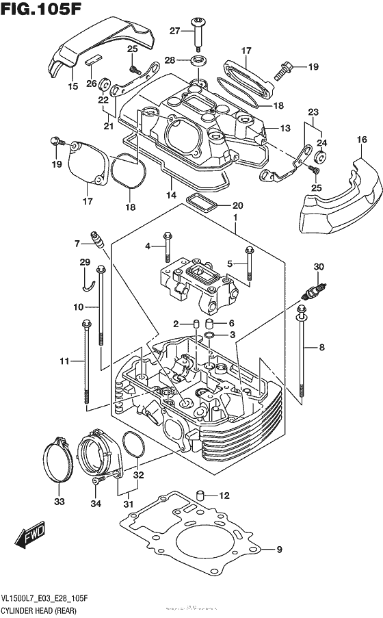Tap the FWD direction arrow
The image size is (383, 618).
tap(31, 535)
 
